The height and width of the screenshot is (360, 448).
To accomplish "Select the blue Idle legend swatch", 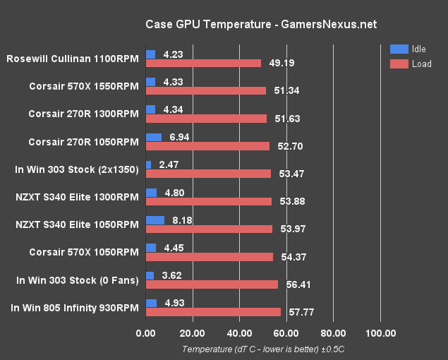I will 398,49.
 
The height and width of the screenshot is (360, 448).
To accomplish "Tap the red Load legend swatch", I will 398,64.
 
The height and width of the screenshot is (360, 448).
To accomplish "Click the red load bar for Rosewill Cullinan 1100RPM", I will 203,63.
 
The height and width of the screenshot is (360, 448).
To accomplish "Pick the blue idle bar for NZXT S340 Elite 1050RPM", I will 155,220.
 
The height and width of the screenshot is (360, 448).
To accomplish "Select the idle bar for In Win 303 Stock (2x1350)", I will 148,164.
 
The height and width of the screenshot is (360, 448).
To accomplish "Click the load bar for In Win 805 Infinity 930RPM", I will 213,312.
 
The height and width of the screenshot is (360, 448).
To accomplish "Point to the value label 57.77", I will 297,312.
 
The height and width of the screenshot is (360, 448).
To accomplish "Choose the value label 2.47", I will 164,164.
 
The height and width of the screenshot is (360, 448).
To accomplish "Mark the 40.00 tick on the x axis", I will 239,333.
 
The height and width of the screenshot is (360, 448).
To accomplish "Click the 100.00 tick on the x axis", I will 380,333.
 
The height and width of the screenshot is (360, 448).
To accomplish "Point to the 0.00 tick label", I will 145,333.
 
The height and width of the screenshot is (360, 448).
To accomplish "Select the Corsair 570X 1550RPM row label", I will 84,87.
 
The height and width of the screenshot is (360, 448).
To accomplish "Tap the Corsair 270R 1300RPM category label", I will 83,114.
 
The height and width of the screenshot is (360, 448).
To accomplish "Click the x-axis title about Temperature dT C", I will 262,349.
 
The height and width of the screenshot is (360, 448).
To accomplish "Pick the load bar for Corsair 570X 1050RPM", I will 210,257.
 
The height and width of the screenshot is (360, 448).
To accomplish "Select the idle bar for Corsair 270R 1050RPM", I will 153,137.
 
